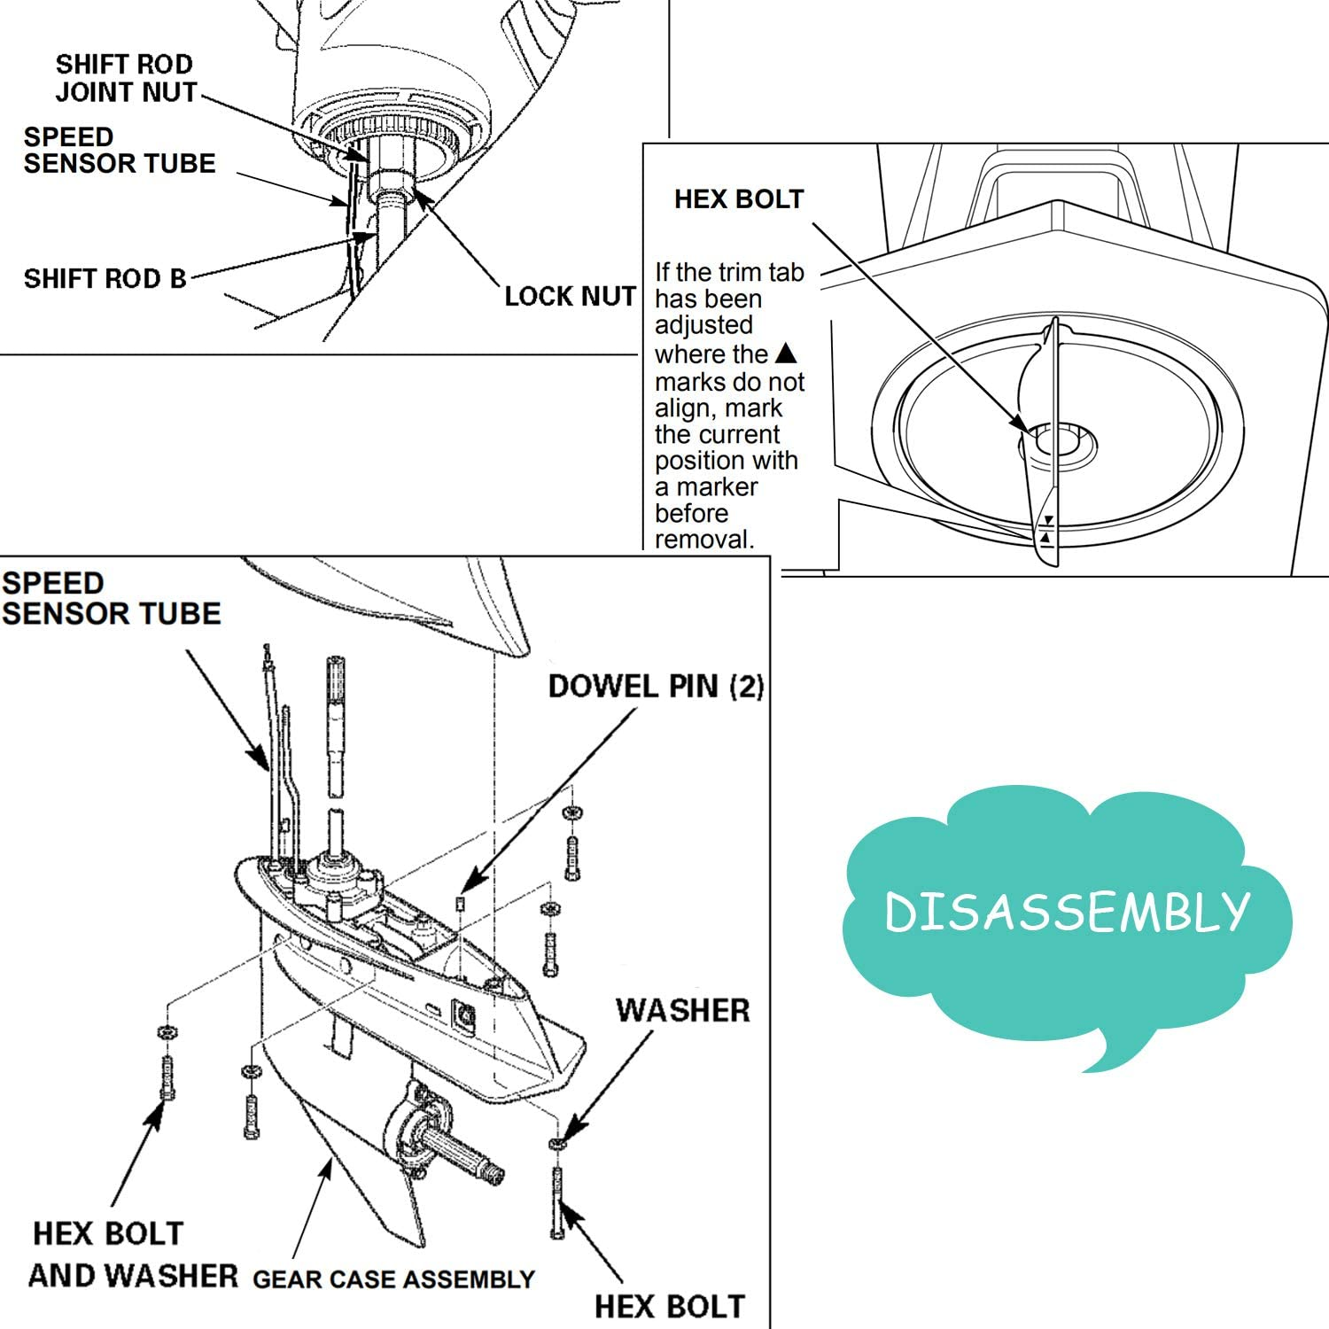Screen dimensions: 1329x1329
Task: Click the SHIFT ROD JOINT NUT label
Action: (x=126, y=78)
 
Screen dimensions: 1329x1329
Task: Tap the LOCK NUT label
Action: (x=570, y=296)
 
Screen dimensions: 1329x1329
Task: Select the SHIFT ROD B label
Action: (x=105, y=278)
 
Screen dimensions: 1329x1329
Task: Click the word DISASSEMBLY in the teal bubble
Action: (x=1067, y=912)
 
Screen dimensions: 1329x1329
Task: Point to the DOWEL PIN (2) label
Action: (x=656, y=686)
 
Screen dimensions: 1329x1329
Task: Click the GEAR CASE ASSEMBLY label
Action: (x=393, y=1279)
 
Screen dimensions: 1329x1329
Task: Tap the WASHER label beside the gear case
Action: (x=682, y=1010)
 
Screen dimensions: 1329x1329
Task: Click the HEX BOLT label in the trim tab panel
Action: (x=739, y=198)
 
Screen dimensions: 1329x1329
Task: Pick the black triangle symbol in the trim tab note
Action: (x=786, y=354)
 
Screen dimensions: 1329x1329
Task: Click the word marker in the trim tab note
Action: (x=717, y=487)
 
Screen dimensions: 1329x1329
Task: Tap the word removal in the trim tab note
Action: (x=704, y=539)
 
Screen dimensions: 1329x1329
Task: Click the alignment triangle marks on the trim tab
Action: (x=1047, y=529)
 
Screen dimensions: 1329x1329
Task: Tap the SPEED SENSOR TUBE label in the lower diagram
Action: (x=110, y=598)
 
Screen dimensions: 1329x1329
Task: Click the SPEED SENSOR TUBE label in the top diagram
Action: (x=119, y=150)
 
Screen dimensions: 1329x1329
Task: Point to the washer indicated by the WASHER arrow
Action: (x=556, y=1144)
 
